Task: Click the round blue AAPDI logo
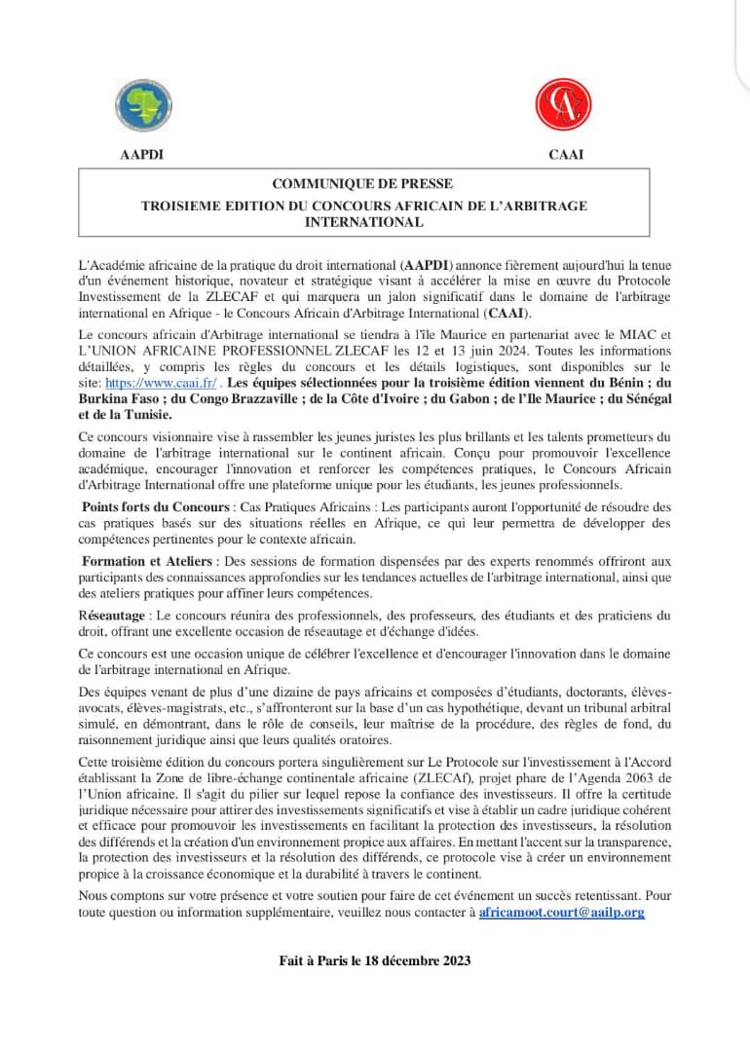tap(143, 103)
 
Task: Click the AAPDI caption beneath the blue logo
tap(141, 154)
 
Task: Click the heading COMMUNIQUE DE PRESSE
tap(362, 183)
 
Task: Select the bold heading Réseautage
tap(111, 616)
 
